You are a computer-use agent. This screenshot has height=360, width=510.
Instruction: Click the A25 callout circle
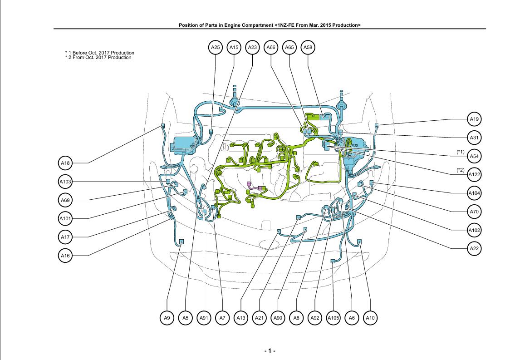click(215, 47)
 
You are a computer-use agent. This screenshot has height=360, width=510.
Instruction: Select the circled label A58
click(308, 47)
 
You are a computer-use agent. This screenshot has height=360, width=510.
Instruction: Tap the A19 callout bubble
click(475, 119)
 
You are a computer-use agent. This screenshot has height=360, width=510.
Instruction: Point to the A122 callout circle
click(475, 175)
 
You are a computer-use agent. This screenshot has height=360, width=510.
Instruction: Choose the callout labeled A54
click(475, 156)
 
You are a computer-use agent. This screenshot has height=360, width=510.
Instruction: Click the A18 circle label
click(65, 163)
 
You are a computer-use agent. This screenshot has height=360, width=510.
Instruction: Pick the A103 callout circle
click(65, 182)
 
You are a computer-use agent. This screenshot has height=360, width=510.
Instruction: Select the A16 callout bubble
click(65, 256)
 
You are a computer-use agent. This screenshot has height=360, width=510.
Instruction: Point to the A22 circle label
click(475, 249)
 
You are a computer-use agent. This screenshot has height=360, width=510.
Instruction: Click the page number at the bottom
click(270, 351)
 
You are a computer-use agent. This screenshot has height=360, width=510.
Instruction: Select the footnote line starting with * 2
click(98, 58)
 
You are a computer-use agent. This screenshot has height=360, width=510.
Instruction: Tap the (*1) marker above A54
click(461, 151)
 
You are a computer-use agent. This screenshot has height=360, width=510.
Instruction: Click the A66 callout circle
click(271, 47)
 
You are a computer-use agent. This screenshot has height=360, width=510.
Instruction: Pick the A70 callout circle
click(475, 212)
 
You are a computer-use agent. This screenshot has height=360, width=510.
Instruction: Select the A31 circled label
click(475, 138)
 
